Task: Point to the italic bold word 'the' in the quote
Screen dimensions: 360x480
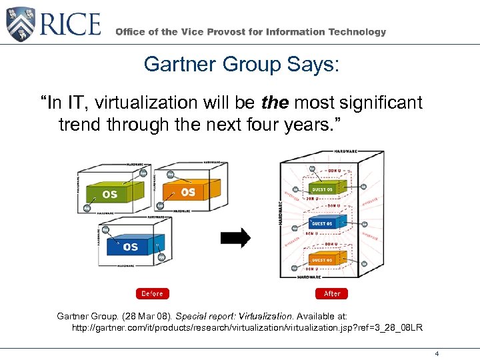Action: point(274,103)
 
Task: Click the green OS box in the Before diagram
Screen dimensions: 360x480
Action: point(110,194)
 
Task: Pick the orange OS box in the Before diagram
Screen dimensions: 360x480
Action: point(187,191)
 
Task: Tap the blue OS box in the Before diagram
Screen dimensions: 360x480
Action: point(130,246)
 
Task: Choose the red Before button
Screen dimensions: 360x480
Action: point(152,293)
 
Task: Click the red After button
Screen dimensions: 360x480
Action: point(332,293)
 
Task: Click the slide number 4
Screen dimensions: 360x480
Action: point(436,353)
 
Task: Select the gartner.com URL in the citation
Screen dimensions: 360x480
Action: point(247,328)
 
